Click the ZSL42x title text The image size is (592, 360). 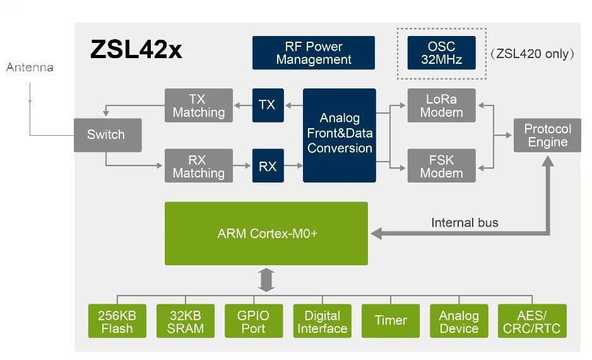(136, 50)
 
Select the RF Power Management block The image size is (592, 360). (313, 53)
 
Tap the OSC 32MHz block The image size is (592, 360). (441, 53)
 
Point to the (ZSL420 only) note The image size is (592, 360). (532, 54)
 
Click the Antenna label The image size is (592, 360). (30, 68)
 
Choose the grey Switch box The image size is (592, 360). (106, 135)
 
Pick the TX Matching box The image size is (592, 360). (198, 105)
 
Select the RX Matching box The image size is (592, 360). (198, 166)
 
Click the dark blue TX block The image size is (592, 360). (268, 105)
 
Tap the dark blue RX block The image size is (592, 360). (268, 166)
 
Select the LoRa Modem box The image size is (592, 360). (441, 105)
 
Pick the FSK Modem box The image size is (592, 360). (441, 166)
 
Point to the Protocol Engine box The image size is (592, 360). (547, 135)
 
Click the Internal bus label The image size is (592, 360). (465, 222)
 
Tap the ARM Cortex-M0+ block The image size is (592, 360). (266, 233)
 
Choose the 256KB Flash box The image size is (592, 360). (117, 321)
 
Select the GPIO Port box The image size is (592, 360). (253, 321)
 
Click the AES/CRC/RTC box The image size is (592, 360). (531, 321)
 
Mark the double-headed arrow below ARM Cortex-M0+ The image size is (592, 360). (267, 280)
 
